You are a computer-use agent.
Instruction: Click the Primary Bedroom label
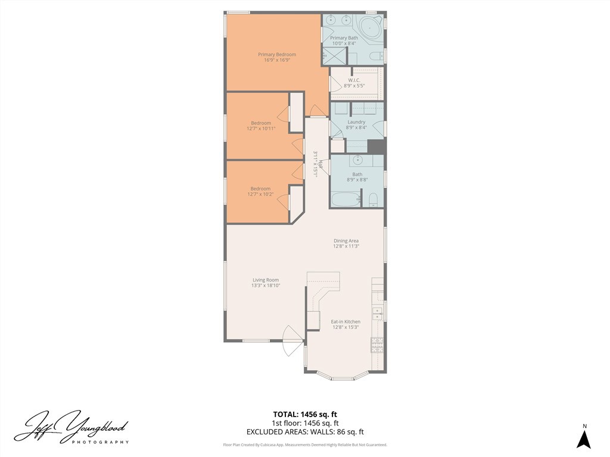(x=276, y=55)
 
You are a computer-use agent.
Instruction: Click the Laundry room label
(x=356, y=122)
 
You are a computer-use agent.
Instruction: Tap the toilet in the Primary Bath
(x=376, y=57)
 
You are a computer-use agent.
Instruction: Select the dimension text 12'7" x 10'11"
(x=261, y=129)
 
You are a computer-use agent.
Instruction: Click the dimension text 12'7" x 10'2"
(x=260, y=194)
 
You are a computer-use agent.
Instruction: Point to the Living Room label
(x=266, y=280)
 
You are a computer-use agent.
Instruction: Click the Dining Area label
(x=346, y=241)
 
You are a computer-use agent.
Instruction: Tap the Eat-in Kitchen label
(x=346, y=322)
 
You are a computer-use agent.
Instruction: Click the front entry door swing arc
(x=292, y=342)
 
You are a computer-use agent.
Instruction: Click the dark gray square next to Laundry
(x=376, y=146)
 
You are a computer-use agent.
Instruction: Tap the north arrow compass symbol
(x=584, y=439)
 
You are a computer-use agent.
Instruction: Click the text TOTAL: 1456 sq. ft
(x=305, y=414)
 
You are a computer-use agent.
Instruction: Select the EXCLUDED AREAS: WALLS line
(x=305, y=432)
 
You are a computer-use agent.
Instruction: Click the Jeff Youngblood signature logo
(x=71, y=427)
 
